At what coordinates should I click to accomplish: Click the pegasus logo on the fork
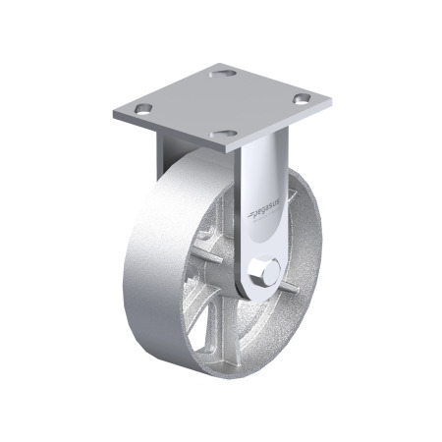click(261, 207)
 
